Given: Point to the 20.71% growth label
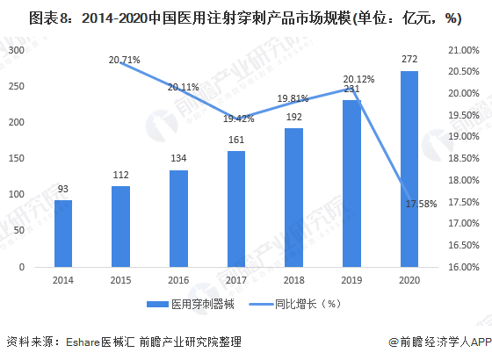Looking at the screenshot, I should (x=125, y=59).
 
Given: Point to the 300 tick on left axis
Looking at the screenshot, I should (x=16, y=51).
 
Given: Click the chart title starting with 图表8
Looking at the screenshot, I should (x=245, y=16).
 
